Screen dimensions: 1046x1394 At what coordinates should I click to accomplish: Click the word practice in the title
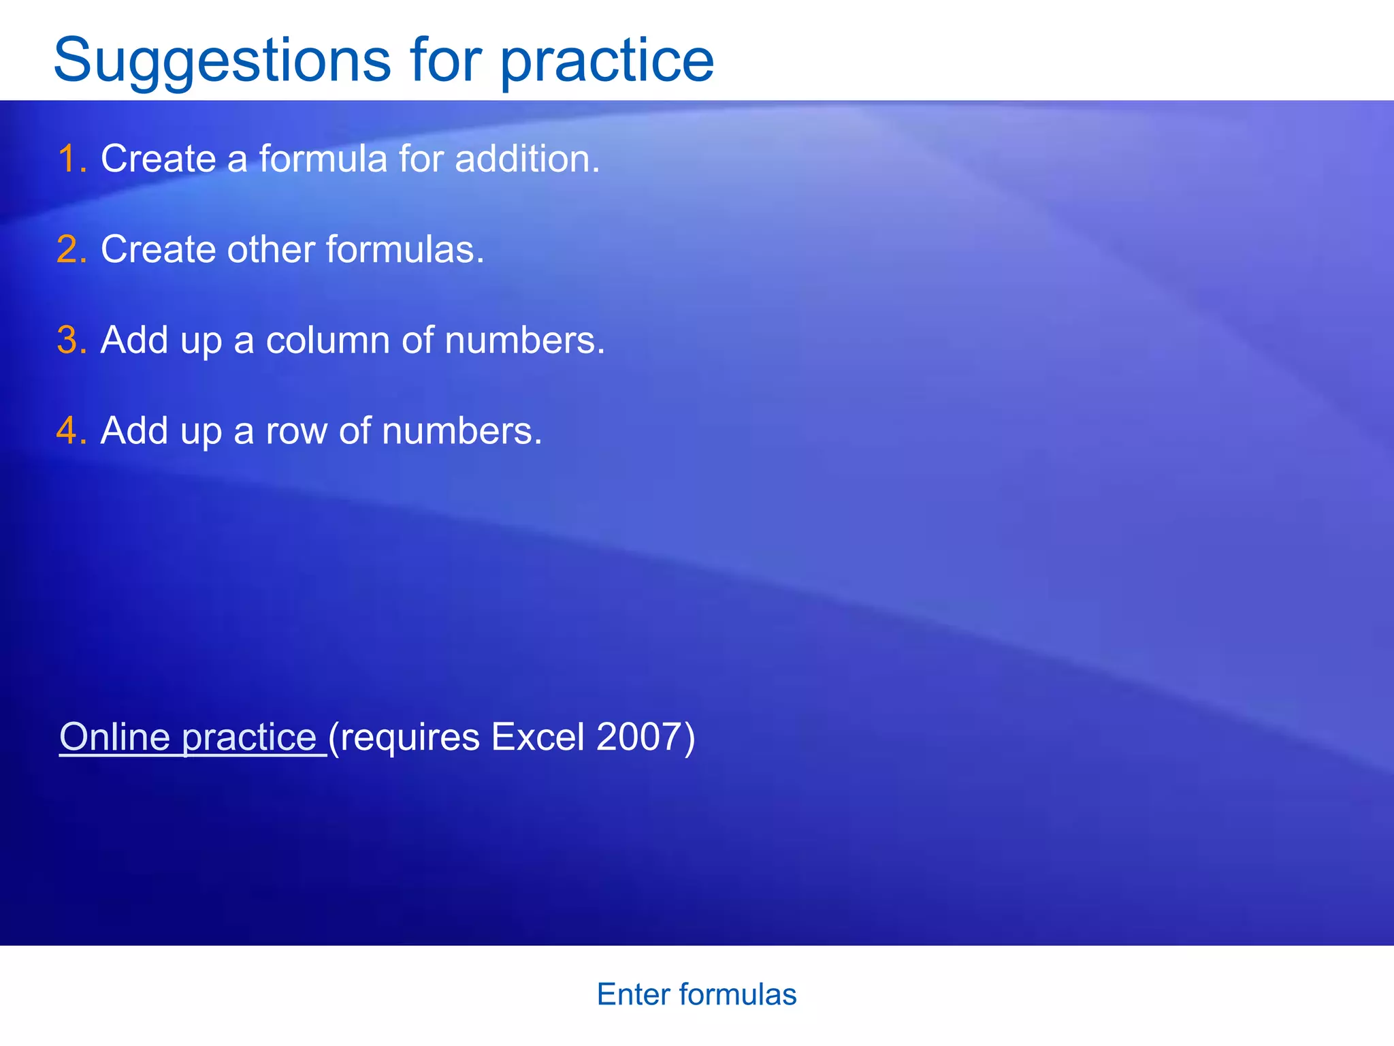[607, 61]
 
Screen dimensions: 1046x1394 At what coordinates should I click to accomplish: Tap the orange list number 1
[70, 159]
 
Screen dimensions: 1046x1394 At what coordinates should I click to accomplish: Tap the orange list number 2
[70, 250]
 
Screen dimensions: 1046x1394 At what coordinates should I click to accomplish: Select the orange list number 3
[70, 340]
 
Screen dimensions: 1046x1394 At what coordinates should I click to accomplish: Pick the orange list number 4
[70, 431]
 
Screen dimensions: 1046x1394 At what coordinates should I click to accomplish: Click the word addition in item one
[526, 159]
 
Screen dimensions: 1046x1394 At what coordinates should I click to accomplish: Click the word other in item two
[270, 250]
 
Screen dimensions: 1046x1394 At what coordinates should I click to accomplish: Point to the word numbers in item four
[461, 431]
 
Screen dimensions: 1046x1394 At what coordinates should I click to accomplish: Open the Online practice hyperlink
[188, 738]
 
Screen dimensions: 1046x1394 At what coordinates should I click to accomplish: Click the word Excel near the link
[538, 738]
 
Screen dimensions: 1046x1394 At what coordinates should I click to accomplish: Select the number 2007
[638, 738]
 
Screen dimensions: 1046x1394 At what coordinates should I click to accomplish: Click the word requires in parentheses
[409, 738]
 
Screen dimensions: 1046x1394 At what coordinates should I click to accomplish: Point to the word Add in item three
[134, 340]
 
